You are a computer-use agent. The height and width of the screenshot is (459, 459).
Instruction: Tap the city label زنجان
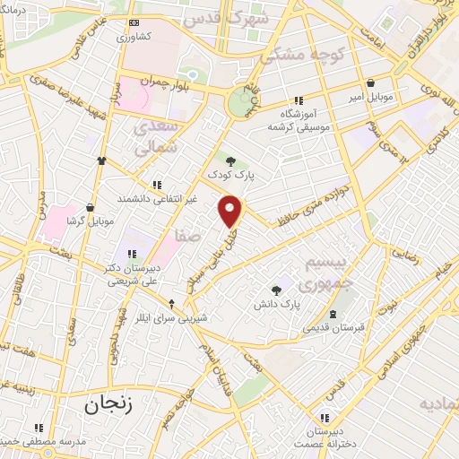pyautogui.click(x=109, y=404)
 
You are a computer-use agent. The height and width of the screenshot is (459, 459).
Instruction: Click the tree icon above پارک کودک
pyautogui.click(x=230, y=161)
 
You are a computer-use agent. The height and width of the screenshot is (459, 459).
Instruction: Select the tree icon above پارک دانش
pyautogui.click(x=275, y=290)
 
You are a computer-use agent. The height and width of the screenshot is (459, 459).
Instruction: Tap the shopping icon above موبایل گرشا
pyautogui.click(x=90, y=206)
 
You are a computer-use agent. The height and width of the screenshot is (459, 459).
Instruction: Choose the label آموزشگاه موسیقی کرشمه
pyautogui.click(x=299, y=121)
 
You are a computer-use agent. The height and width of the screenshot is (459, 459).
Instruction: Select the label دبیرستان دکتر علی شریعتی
pyautogui.click(x=107, y=273)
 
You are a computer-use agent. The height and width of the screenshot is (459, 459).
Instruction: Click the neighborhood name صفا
pyautogui.click(x=188, y=237)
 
